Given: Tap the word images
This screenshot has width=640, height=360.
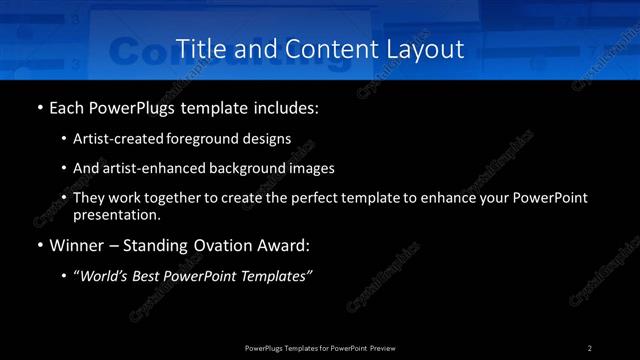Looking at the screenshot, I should click(312, 168).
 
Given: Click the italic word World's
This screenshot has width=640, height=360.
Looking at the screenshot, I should click(105, 276).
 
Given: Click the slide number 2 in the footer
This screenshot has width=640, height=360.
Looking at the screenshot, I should click(590, 347).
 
